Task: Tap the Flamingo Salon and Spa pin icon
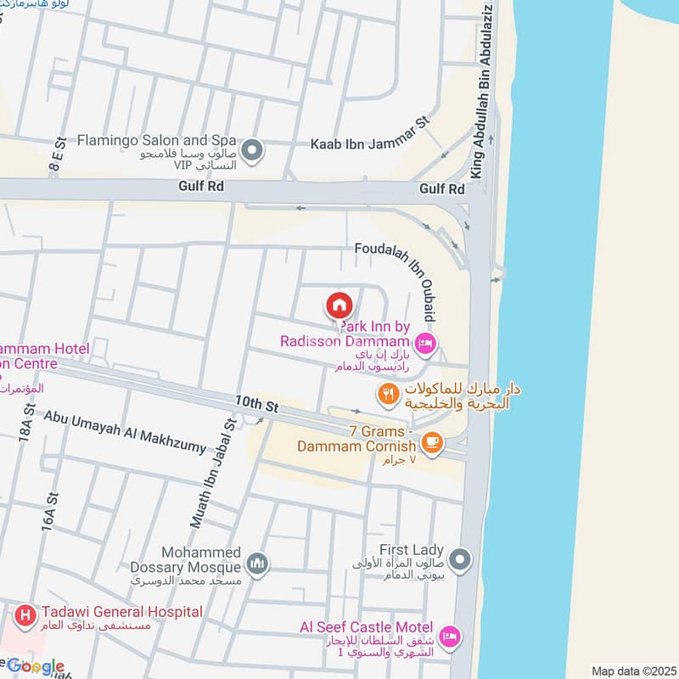(x=252, y=152)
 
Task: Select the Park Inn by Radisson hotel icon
(x=426, y=344)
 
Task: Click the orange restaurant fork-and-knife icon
(x=388, y=393)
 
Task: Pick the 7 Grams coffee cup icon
(x=432, y=442)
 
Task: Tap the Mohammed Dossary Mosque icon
(x=257, y=563)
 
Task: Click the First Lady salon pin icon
(x=460, y=560)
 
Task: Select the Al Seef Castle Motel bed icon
(x=451, y=635)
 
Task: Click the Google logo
(x=36, y=666)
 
